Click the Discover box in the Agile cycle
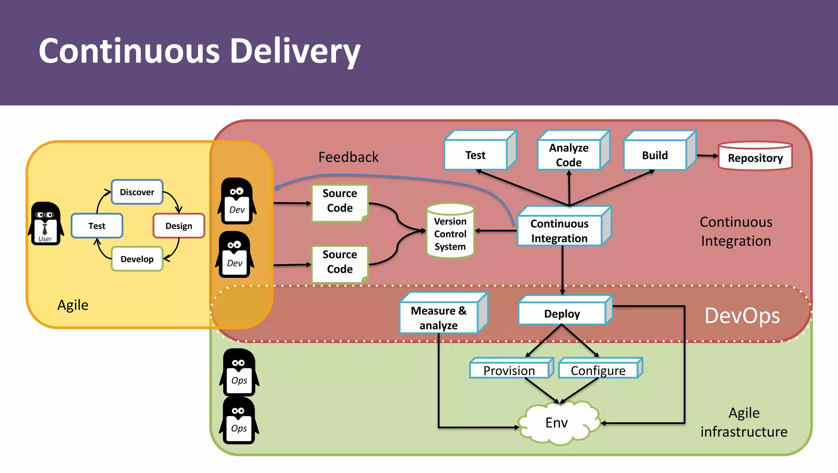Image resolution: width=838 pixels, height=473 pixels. click(x=137, y=192)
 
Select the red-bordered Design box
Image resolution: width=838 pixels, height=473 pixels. click(x=179, y=226)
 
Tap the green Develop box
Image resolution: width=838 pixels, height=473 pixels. click(x=137, y=259)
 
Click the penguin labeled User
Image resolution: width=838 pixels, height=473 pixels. click(x=45, y=224)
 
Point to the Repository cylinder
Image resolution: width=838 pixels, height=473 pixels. click(x=755, y=157)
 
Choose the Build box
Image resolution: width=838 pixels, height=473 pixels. click(x=655, y=155)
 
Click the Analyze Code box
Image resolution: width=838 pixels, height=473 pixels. click(x=569, y=155)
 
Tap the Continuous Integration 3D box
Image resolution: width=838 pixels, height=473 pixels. click(x=559, y=231)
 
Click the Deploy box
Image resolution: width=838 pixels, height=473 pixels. click(x=562, y=314)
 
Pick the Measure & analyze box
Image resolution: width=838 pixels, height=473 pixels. click(x=439, y=318)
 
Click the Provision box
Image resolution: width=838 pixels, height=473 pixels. click(x=509, y=370)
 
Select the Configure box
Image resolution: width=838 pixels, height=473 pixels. click(x=598, y=370)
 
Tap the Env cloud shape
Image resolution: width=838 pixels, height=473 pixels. click(x=557, y=423)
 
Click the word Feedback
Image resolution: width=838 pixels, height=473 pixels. click(x=348, y=157)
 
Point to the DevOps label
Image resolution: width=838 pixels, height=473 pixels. click(x=742, y=316)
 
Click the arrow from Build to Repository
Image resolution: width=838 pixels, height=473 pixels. click(x=707, y=156)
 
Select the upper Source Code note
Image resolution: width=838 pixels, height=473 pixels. click(x=340, y=201)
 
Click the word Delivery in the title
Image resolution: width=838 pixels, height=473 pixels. click(x=295, y=52)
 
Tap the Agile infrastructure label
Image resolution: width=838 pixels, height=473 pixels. click(x=743, y=422)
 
